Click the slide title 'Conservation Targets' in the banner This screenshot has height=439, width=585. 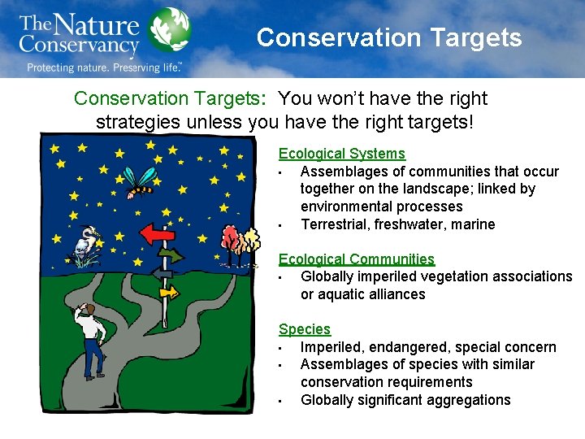(x=389, y=37)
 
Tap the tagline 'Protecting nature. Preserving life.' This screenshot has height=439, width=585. (x=103, y=67)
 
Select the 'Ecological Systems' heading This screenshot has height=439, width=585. (x=341, y=154)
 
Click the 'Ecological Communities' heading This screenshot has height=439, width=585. (x=356, y=259)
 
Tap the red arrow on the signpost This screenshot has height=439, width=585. (x=158, y=234)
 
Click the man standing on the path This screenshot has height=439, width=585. (x=90, y=341)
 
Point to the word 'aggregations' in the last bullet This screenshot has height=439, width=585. (x=470, y=400)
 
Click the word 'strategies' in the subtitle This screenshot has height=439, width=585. (x=135, y=123)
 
